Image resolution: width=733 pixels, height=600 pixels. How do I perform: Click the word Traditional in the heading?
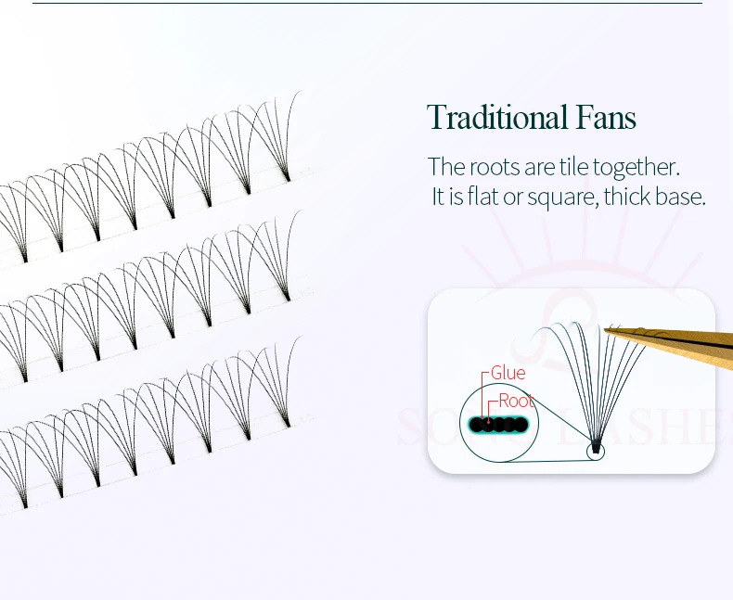[496, 119]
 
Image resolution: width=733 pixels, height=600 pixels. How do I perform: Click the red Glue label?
[508, 373]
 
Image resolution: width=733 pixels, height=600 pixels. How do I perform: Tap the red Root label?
[516, 401]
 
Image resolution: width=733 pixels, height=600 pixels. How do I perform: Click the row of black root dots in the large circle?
[497, 425]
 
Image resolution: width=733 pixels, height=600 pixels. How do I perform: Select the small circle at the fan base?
[595, 451]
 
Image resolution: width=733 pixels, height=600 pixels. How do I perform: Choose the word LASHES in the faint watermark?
[668, 428]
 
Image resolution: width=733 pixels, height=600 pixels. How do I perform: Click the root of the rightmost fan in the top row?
[288, 176]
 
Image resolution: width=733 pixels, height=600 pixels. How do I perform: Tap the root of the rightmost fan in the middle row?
[287, 297]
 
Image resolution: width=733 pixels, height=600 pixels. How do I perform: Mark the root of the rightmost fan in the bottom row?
[288, 423]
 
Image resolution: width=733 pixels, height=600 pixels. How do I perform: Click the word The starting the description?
[446, 168]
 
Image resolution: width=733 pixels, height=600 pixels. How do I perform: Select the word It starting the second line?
[439, 198]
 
